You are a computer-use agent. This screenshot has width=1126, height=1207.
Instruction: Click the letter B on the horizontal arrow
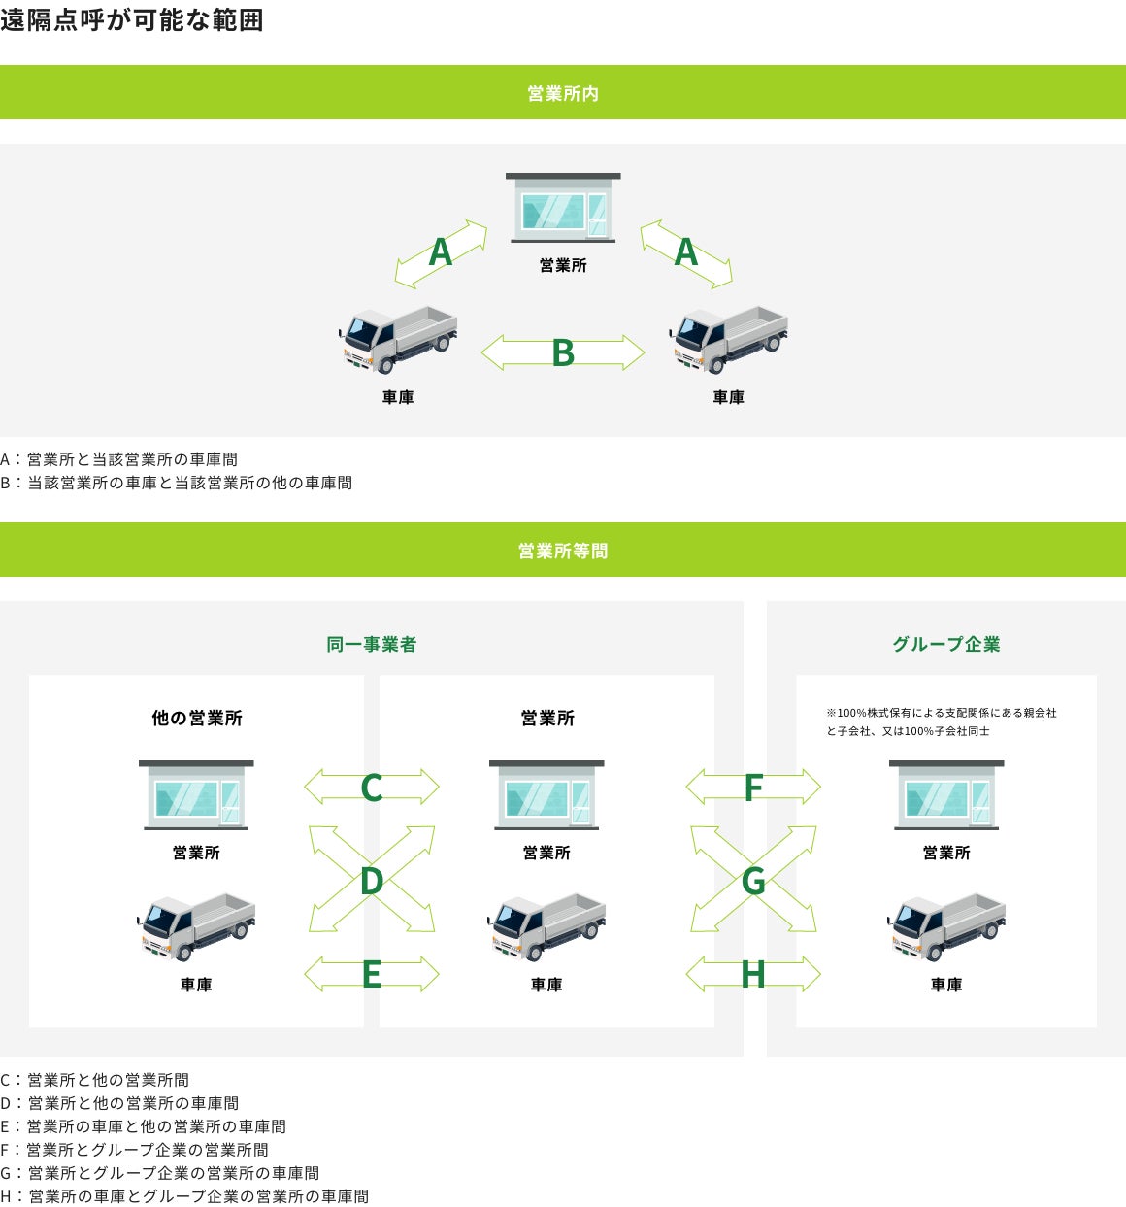[x=563, y=353]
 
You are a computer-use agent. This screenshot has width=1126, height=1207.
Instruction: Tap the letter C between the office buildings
[x=372, y=788]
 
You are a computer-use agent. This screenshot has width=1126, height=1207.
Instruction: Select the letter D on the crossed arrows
[x=372, y=881]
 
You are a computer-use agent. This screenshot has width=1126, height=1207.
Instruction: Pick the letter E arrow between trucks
[x=372, y=974]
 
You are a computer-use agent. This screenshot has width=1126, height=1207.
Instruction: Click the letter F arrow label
[x=753, y=788]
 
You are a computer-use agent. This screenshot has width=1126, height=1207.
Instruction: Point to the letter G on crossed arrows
[x=753, y=881]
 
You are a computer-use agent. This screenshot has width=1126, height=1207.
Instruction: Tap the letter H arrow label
[x=753, y=974]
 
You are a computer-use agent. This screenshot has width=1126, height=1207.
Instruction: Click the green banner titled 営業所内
[x=563, y=93]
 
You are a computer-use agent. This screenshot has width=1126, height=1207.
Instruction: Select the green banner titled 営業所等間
[x=563, y=551]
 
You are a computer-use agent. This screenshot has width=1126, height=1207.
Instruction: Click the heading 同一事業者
[x=372, y=644]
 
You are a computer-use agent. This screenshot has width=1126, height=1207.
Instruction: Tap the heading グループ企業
[x=946, y=644]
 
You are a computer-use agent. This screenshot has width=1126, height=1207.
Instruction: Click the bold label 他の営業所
[x=197, y=719]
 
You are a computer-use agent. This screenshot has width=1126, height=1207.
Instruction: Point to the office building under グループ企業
[x=946, y=795]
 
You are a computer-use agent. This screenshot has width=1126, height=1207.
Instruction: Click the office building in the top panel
[x=563, y=208]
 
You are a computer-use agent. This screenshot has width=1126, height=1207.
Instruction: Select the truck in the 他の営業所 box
[x=196, y=925]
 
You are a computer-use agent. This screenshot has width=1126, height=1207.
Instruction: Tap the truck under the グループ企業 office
[x=946, y=925]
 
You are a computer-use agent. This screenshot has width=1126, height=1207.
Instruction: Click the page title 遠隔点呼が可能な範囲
[x=132, y=20]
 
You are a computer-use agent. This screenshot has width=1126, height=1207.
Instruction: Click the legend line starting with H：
[x=184, y=1196]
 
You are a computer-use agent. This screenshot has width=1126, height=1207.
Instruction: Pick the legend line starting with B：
[x=177, y=483]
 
